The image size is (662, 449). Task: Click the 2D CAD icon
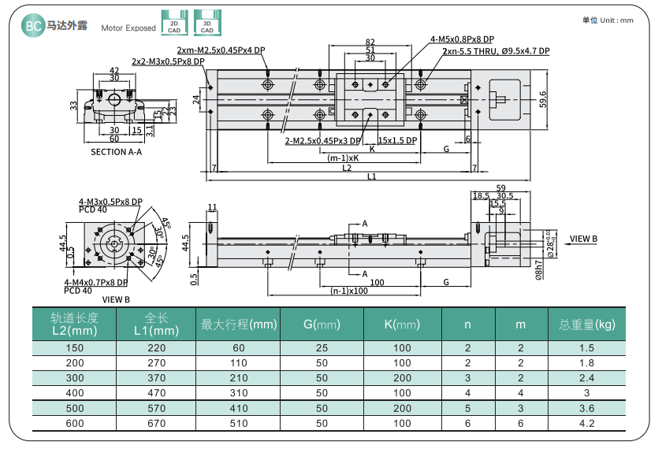pyautogui.click(x=173, y=22)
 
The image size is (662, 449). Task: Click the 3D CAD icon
pyautogui.click(x=206, y=22)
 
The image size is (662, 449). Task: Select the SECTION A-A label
pyautogui.click(x=116, y=152)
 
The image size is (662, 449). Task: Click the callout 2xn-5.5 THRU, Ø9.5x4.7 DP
pyautogui.click(x=496, y=51)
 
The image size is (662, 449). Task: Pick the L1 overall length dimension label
pyautogui.click(x=370, y=176)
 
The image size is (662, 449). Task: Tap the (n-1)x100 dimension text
pyautogui.click(x=349, y=291)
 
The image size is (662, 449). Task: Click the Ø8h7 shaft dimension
pyautogui.click(x=539, y=269)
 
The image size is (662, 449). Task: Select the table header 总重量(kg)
pyautogui.click(x=586, y=324)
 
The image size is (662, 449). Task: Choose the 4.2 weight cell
pyautogui.click(x=586, y=423)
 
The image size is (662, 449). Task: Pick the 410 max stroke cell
pyautogui.click(x=239, y=408)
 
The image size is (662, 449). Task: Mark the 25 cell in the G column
pyautogui.click(x=322, y=348)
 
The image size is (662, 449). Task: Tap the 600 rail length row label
pyautogui.click(x=74, y=423)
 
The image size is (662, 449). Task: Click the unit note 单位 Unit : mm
pyautogui.click(x=608, y=20)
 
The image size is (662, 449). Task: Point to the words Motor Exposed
pyautogui.click(x=128, y=28)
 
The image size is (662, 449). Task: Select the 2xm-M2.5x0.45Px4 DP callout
pyautogui.click(x=232, y=51)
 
